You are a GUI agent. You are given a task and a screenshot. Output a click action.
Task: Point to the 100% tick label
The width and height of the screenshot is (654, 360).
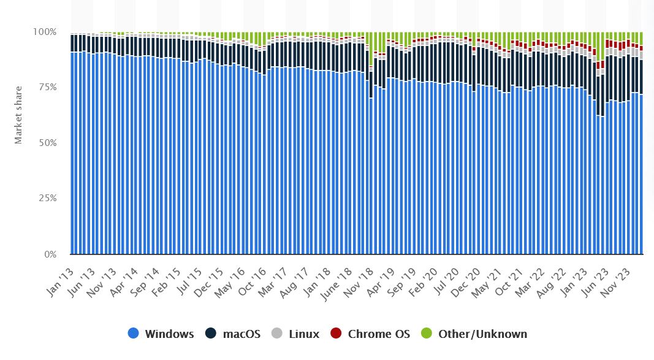coord(44,31)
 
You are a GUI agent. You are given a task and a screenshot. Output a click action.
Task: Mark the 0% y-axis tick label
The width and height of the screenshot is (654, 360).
coord(49,254)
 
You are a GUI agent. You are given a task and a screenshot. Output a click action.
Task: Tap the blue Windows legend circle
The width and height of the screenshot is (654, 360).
coord(133,334)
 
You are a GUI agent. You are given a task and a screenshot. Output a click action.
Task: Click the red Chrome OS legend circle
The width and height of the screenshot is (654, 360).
coord(335,334)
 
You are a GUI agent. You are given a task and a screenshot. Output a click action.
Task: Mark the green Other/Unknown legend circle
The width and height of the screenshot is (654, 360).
coord(426,334)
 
